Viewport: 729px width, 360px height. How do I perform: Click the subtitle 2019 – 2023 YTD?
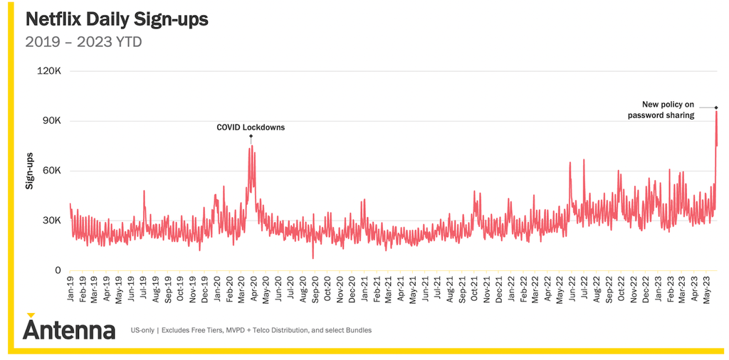point(83,42)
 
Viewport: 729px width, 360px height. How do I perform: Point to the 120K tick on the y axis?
point(51,72)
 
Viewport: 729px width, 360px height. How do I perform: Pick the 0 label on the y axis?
point(58,270)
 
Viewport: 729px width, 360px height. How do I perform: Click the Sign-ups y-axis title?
point(29,171)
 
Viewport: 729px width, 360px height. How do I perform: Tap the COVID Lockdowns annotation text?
point(251,127)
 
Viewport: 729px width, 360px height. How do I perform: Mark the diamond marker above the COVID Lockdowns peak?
point(251,136)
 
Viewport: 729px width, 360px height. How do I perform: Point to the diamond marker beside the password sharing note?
point(716,107)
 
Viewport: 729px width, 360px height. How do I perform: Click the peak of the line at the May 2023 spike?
point(716,112)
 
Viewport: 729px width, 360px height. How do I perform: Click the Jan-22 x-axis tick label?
point(511,289)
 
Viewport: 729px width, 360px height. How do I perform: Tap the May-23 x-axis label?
point(706,289)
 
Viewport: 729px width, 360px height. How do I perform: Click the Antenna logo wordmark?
point(69,330)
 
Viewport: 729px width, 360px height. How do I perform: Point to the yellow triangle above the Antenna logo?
point(31,315)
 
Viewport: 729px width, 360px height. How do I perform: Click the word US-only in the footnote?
point(142,331)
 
